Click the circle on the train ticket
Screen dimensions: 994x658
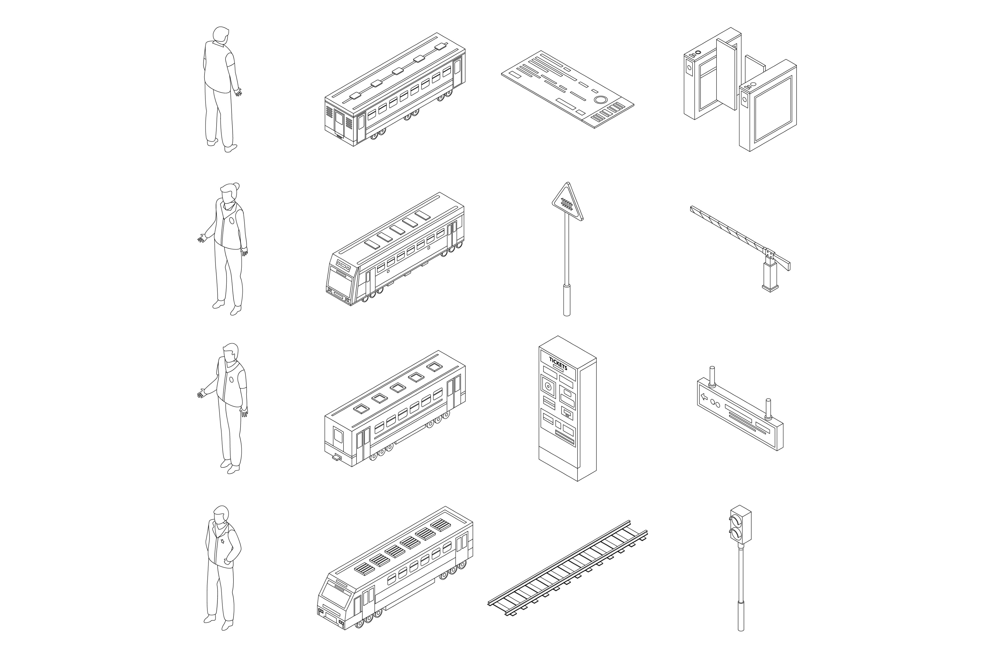[601, 100]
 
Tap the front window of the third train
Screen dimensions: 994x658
[338, 436]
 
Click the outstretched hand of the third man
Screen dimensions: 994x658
[202, 393]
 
